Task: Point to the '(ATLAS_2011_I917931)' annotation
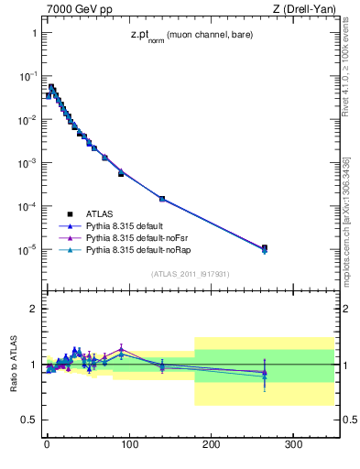coord(190,273)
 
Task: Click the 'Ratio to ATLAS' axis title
coord(14,364)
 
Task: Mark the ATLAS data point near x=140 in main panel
coord(162,199)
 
